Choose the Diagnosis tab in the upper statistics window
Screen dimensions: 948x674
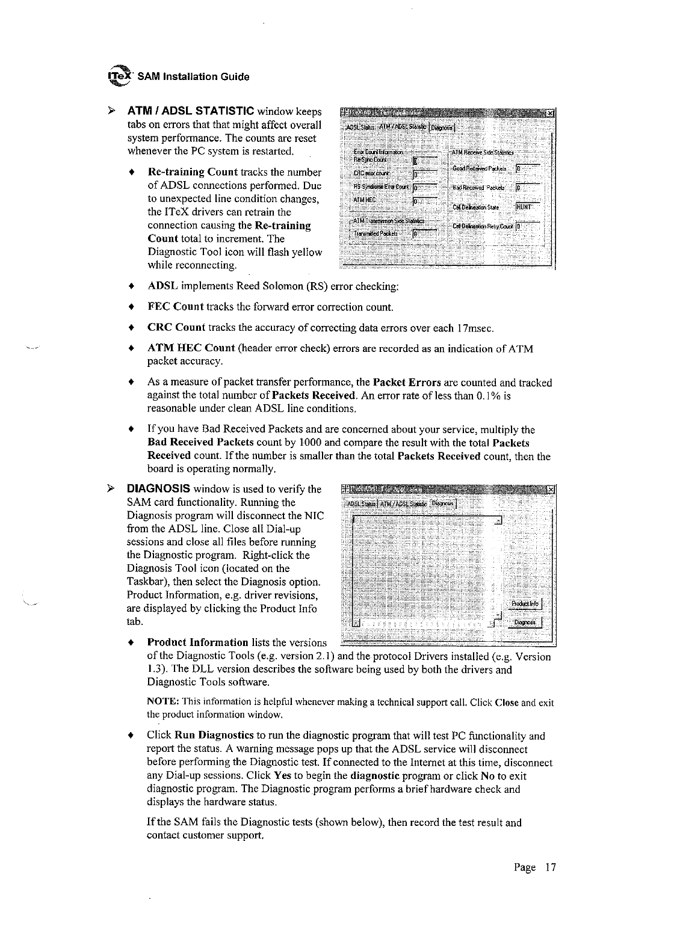pos(444,127)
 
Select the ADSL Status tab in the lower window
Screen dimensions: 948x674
pos(360,503)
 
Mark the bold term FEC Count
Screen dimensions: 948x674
pos(176,307)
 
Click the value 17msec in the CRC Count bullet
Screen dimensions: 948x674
pos(475,328)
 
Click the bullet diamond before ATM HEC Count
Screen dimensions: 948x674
pos(131,349)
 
